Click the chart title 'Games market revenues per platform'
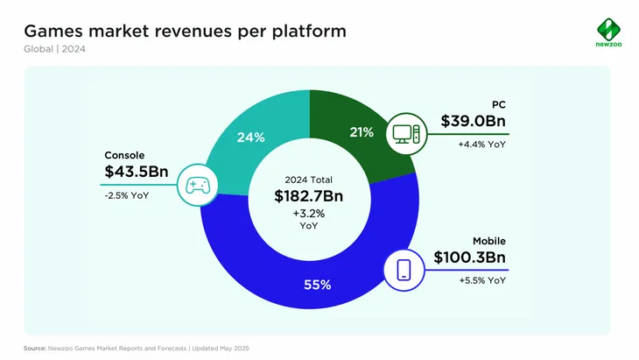tap(184, 31)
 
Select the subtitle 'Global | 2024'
tap(54, 48)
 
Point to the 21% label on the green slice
tap(362, 132)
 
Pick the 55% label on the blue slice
tap(317, 284)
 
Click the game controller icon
tap(197, 185)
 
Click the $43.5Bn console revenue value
tap(137, 173)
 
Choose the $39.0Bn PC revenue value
tap(473, 122)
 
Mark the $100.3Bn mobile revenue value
tap(469, 258)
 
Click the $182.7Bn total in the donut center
tap(308, 196)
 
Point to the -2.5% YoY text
tap(127, 195)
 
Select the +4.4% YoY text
tap(481, 145)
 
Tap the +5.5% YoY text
tap(481, 280)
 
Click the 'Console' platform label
tap(124, 154)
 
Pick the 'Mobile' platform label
tap(489, 240)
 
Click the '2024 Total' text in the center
tap(308, 179)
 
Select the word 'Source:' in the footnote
tap(36, 348)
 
